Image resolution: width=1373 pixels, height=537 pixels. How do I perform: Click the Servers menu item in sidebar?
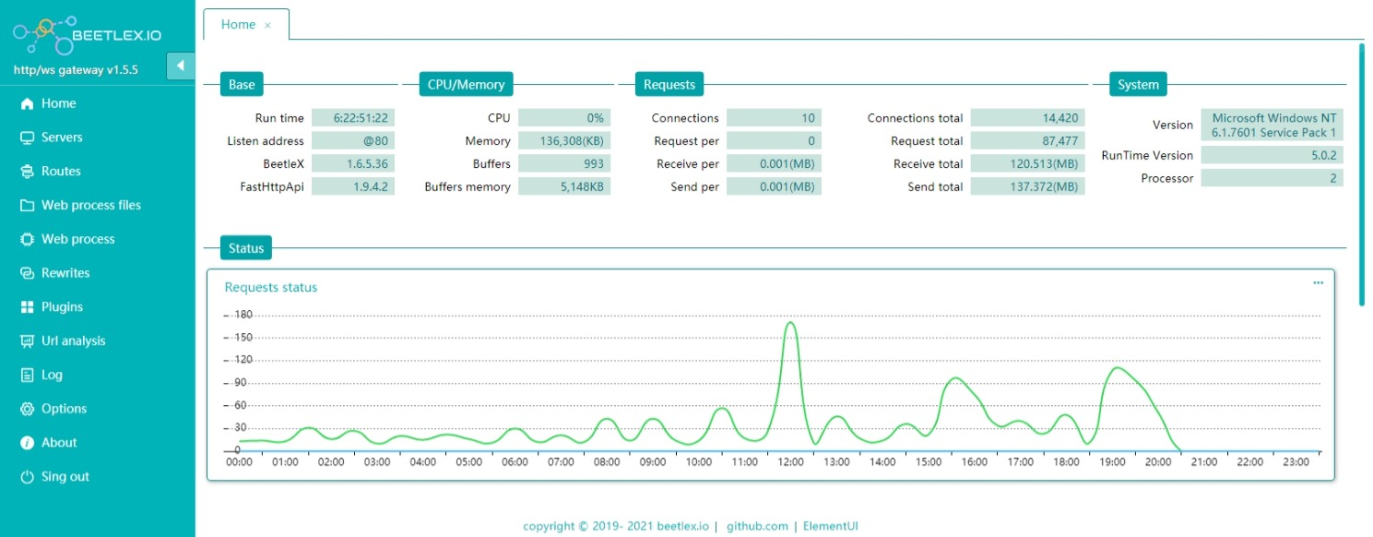tap(61, 137)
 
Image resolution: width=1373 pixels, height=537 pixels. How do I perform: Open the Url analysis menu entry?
tap(73, 341)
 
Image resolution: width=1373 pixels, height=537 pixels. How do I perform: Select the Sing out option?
tap(65, 477)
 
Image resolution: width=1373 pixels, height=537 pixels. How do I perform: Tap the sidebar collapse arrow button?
tap(180, 66)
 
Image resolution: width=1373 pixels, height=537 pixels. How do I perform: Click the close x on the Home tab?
tap(267, 26)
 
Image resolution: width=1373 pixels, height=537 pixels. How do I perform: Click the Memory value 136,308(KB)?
tap(563, 141)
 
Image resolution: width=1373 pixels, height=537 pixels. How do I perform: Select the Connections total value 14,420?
tap(1027, 118)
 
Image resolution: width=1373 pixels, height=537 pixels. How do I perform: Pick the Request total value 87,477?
tap(1027, 141)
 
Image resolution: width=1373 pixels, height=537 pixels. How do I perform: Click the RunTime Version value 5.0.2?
tap(1271, 155)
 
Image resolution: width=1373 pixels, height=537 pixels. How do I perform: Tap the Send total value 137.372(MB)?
tap(1027, 187)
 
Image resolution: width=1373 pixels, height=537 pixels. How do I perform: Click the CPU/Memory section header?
tap(466, 85)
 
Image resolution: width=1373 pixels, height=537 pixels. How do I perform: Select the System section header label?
tap(1138, 85)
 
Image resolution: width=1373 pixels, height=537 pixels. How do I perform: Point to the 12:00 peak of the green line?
tap(790, 323)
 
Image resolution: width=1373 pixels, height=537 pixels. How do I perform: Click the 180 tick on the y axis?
tap(243, 315)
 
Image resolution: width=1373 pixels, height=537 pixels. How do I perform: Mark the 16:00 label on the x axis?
tap(974, 461)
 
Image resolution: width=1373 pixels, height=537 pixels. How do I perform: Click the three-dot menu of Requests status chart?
tap(1318, 283)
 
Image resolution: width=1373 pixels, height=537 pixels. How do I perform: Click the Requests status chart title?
tap(271, 288)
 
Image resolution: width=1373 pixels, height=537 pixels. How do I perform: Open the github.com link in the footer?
tap(757, 527)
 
